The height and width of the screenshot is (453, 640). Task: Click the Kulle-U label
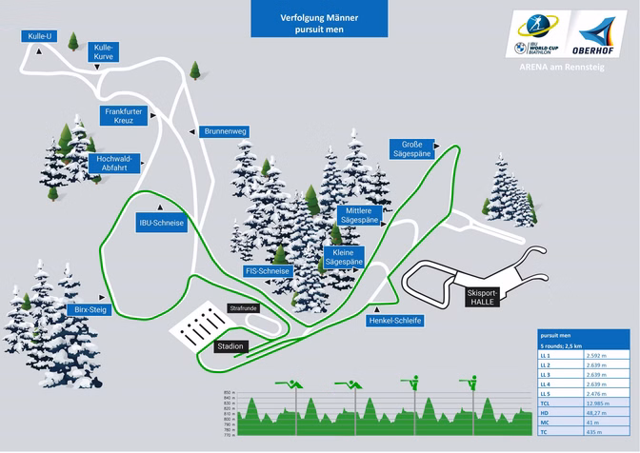(39, 36)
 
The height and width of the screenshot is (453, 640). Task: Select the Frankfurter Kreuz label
(124, 116)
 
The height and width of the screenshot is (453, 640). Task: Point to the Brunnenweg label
(226, 131)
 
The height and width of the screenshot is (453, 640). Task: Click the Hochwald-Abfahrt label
(113, 163)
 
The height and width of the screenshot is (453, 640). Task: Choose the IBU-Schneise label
(161, 223)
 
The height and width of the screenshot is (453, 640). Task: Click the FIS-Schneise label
(268, 271)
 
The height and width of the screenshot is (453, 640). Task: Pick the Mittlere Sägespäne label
(358, 215)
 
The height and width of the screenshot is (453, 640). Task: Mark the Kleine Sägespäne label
(345, 256)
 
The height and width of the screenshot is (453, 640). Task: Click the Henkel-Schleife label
(394, 321)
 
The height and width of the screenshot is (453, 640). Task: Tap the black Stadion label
(231, 346)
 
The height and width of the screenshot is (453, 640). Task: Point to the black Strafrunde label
(243, 308)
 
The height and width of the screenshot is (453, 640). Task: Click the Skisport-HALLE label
(485, 297)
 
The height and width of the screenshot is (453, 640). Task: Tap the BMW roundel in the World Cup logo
(520, 46)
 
